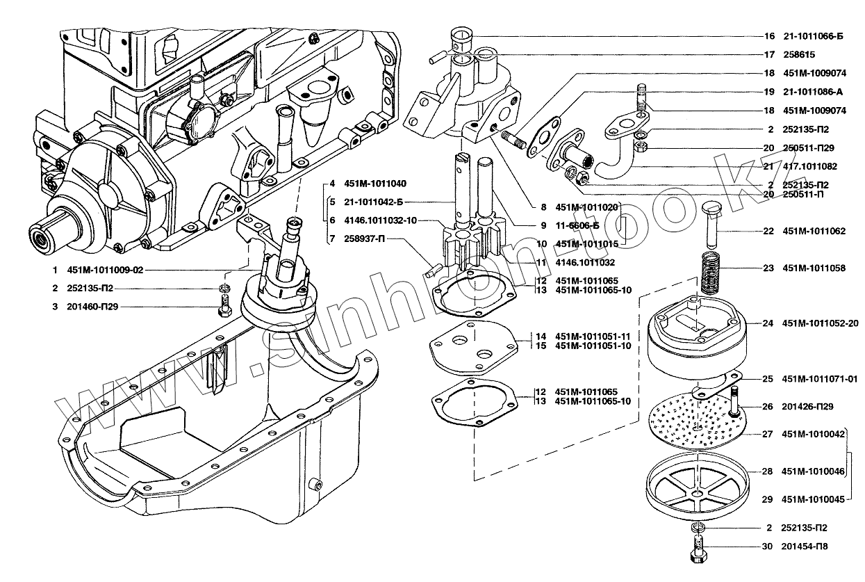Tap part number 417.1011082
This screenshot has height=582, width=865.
click(809, 167)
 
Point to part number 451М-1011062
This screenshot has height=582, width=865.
click(814, 231)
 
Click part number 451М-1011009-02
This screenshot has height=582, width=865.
click(105, 270)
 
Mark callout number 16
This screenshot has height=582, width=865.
click(768, 36)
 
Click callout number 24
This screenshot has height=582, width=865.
click(767, 323)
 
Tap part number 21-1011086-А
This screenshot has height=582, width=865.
click(814, 92)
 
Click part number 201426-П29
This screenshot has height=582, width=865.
click(807, 407)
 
